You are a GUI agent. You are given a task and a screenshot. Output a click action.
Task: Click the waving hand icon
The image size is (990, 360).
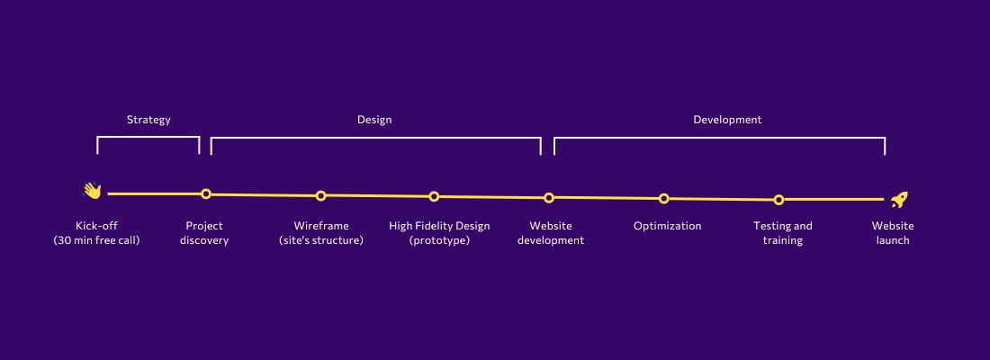pyautogui.click(x=92, y=191)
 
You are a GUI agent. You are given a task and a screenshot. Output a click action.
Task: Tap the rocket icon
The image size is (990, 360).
pyautogui.click(x=899, y=200)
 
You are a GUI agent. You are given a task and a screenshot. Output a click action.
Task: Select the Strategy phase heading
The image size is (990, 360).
pyautogui.click(x=148, y=120)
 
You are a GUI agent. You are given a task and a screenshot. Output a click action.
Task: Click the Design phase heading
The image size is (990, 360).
pyautogui.click(x=374, y=120)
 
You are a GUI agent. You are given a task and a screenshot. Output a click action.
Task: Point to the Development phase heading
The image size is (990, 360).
pyautogui.click(x=727, y=120)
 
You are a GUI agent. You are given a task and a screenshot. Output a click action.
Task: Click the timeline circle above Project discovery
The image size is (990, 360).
pyautogui.click(x=206, y=193)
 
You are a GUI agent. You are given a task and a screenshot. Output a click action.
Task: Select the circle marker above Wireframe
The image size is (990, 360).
pyautogui.click(x=320, y=196)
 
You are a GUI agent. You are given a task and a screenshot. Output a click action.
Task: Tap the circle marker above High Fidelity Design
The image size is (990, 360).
pyautogui.click(x=434, y=196)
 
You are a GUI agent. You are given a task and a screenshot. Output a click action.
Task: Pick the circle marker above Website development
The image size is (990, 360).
pyautogui.click(x=549, y=198)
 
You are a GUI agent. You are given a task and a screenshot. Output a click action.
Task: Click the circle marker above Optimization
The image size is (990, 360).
pyautogui.click(x=663, y=198)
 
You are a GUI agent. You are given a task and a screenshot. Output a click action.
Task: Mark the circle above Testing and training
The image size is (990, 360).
pyautogui.click(x=778, y=200)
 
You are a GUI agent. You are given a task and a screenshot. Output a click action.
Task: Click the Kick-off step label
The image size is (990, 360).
pyautogui.click(x=96, y=226)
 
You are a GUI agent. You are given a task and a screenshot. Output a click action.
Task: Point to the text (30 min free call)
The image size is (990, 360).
pyautogui.click(x=96, y=240)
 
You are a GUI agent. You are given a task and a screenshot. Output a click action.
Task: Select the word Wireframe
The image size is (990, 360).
pyautogui.click(x=320, y=226)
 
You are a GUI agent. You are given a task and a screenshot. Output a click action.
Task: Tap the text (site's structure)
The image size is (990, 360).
pyautogui.click(x=320, y=240)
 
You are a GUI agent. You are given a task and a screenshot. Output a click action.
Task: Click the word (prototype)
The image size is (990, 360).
pyautogui.click(x=439, y=240)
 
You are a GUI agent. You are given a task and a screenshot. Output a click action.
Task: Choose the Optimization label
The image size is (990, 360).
pyautogui.click(x=668, y=226)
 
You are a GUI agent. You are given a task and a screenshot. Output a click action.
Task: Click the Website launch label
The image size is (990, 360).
pyautogui.click(x=893, y=233)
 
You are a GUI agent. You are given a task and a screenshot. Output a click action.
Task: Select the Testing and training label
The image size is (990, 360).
pyautogui.click(x=783, y=233)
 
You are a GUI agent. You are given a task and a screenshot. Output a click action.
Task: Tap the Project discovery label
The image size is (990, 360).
pyautogui.click(x=204, y=233)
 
